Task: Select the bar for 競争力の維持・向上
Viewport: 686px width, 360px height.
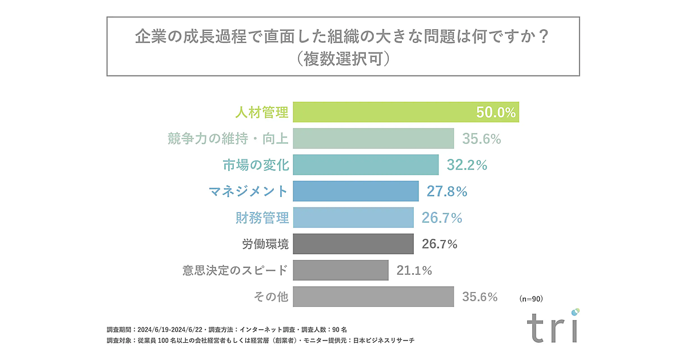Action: click(x=373, y=139)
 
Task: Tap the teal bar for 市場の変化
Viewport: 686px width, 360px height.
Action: click(x=366, y=165)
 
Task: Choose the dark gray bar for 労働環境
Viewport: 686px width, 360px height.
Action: click(x=353, y=244)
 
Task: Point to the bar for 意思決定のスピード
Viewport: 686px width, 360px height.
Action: click(x=341, y=270)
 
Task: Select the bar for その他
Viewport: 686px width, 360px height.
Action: click(x=373, y=297)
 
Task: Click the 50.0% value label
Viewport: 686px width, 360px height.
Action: click(x=496, y=113)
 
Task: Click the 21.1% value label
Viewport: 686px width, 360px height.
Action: click(x=414, y=270)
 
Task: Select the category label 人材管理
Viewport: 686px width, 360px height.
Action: click(x=262, y=112)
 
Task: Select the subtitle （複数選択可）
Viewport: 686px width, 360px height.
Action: click(x=343, y=58)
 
